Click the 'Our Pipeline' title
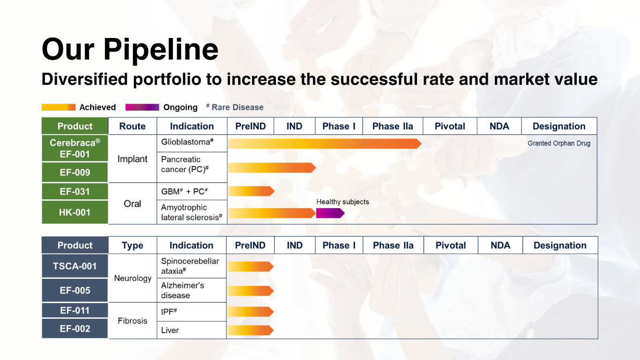(130, 49)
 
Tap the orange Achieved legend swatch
(58, 107)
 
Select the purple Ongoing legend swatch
(142, 107)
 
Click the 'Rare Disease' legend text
(237, 107)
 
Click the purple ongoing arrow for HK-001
(330, 213)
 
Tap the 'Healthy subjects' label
(342, 202)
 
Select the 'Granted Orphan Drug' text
(558, 143)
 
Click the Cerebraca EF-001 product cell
(75, 148)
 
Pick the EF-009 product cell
(75, 172)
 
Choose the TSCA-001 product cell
(75, 266)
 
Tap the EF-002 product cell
(75, 329)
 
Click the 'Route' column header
(132, 126)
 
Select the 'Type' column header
(132, 245)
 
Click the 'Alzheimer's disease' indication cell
(191, 290)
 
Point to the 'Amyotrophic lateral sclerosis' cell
(191, 212)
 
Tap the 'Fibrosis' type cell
(132, 321)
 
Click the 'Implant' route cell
(132, 159)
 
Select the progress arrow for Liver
(250, 330)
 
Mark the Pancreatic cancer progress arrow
(271, 167)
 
